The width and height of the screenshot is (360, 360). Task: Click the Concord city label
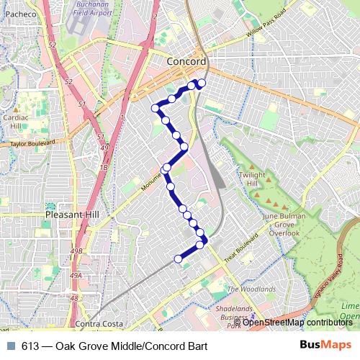186,62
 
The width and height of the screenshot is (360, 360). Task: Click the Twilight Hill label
253,179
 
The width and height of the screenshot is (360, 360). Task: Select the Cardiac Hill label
15,121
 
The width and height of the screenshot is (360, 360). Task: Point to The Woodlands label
251,289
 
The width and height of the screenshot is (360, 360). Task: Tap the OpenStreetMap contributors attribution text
297,322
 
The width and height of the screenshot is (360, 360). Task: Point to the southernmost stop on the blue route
179,258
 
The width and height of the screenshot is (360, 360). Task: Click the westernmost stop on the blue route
155,108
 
